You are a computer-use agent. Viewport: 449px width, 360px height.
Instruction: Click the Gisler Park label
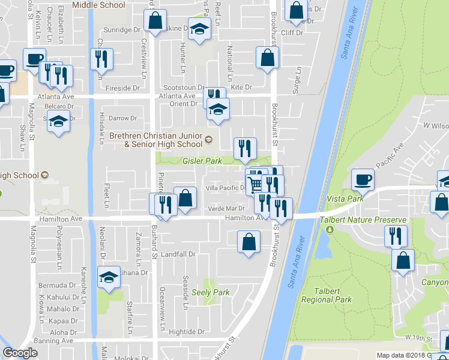tap(202, 161)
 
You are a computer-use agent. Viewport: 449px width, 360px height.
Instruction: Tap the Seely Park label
tap(211, 292)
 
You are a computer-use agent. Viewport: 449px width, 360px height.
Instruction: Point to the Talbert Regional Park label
tap(326, 295)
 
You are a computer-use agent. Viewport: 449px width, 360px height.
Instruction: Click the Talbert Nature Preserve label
tap(363, 220)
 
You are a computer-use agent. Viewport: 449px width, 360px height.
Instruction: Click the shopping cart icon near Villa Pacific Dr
tap(256, 182)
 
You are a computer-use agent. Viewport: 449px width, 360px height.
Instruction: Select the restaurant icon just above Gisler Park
tap(244, 148)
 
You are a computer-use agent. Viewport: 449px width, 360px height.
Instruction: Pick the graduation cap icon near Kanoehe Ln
tap(109, 277)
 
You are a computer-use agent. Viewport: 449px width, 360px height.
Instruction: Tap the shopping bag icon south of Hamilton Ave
tap(248, 242)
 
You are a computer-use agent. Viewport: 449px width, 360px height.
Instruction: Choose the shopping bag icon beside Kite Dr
tap(268, 58)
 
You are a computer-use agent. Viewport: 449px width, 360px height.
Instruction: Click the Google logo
tap(20, 353)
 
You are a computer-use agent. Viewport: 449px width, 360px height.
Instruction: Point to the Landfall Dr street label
tap(179, 254)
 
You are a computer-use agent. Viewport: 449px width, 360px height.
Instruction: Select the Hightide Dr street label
tap(187, 331)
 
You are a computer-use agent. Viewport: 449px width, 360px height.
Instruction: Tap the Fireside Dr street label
tap(122, 88)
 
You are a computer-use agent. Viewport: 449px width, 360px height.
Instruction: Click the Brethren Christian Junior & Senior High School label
tap(156, 140)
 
